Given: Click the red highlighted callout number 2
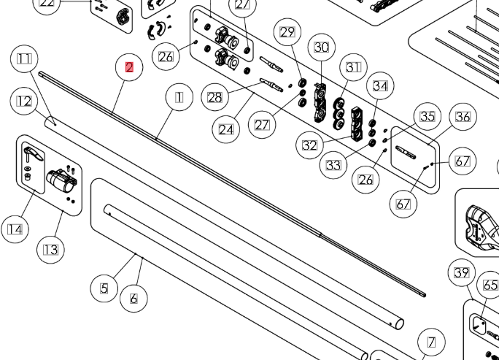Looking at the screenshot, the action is [x=129, y=67].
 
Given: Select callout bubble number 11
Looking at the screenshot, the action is [x=24, y=59].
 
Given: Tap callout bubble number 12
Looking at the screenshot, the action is [x=24, y=102].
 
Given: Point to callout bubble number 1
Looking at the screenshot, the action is [x=179, y=97].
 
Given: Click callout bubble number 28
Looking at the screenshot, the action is [x=214, y=97].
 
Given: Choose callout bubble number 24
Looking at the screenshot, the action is [x=226, y=130].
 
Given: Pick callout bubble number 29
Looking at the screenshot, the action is [x=287, y=32].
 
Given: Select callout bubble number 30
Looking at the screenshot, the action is [x=322, y=47].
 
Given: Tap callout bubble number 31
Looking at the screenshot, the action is [x=353, y=67].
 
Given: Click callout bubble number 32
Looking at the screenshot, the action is [x=309, y=145].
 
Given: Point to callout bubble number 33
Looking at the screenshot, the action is [x=333, y=165].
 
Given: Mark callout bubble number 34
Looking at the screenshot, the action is [x=380, y=86].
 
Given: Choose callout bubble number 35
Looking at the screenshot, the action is [x=428, y=116].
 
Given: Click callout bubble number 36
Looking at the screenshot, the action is [x=463, y=117].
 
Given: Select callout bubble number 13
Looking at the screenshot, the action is [x=51, y=250].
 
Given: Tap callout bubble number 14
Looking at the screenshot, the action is [x=15, y=229].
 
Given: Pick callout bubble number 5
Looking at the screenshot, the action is [x=104, y=288].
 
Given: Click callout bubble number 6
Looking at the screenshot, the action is [x=134, y=299].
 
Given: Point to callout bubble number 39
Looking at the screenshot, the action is [x=462, y=272].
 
